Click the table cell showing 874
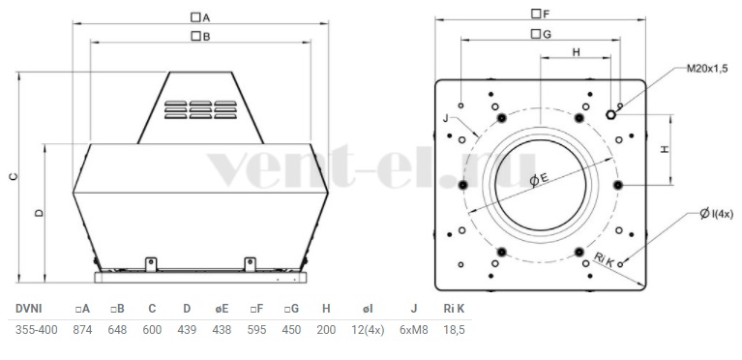click(x=82, y=330)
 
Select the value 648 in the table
click(x=117, y=330)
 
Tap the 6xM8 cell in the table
click(x=414, y=330)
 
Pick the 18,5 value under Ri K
click(x=455, y=330)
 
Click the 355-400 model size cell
click(x=37, y=330)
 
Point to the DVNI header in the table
click(x=28, y=309)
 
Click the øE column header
click(x=222, y=309)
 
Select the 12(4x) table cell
click(x=368, y=330)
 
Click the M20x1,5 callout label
click(x=707, y=69)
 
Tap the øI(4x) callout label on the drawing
click(x=717, y=214)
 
